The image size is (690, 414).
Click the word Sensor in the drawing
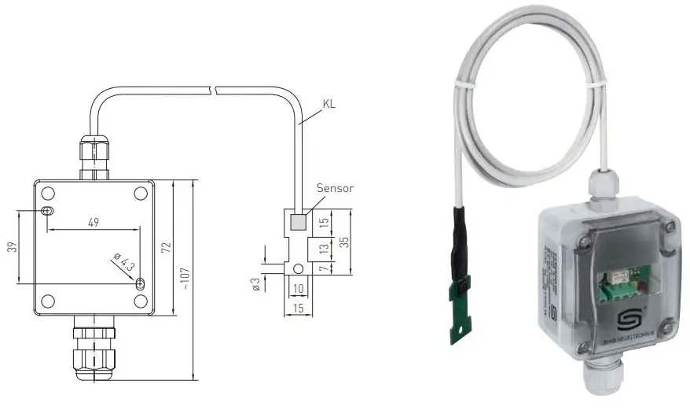(x=335, y=188)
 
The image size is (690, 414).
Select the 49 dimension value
(x=93, y=223)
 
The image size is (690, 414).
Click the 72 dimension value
(x=165, y=247)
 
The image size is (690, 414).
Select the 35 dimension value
(x=343, y=241)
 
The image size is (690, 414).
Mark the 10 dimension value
(x=298, y=290)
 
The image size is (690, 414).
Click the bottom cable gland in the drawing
(x=94, y=350)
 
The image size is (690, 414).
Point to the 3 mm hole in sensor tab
(x=298, y=268)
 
